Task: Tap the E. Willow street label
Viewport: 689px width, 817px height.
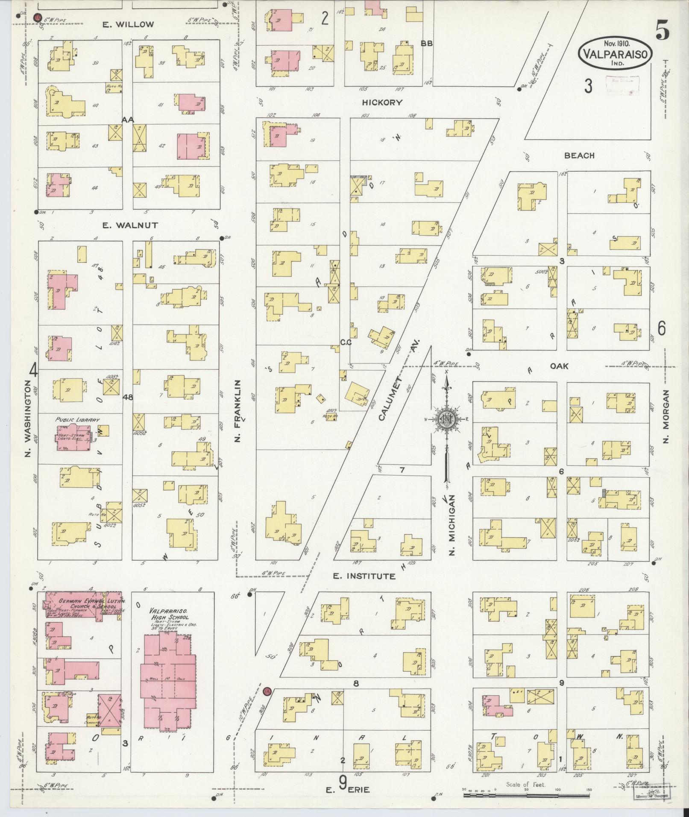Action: coord(128,24)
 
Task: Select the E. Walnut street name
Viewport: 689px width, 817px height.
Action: coord(124,225)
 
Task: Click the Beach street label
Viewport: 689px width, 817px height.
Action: coord(579,155)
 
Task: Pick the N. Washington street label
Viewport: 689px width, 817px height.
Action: coord(28,419)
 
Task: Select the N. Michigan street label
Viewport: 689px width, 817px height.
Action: coord(452,525)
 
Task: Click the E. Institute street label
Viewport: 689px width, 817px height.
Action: coord(364,576)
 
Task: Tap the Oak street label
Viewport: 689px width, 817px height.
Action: coord(559,366)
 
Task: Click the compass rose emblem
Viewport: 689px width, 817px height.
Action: coord(446,420)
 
